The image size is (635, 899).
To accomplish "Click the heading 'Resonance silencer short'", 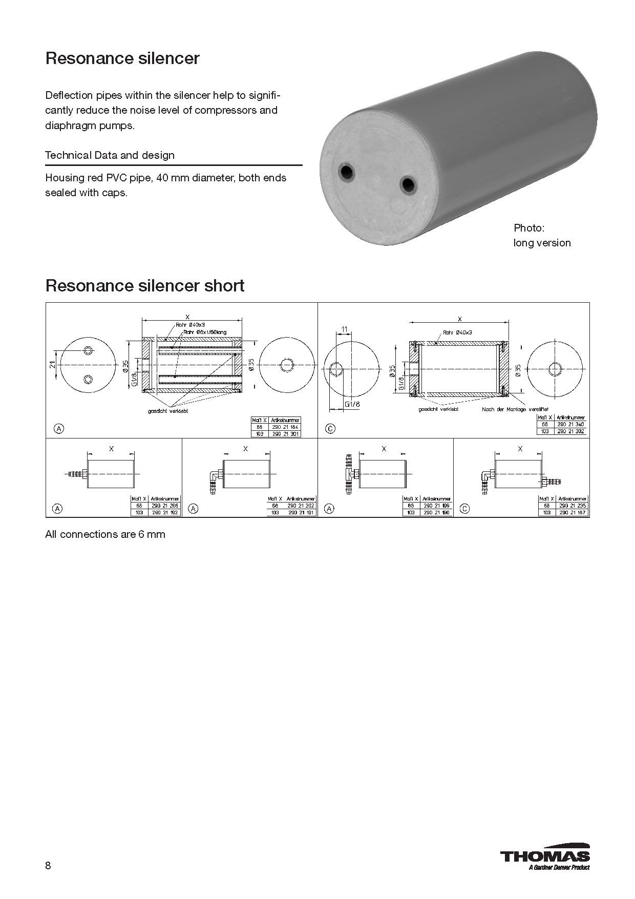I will pos(145,285).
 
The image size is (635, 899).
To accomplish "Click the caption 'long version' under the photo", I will pos(542,243).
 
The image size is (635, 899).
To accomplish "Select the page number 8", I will pos(48,866).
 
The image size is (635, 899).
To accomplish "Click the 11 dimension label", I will pos(344,328).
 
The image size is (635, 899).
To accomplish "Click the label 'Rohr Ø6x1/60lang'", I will pos(204,332).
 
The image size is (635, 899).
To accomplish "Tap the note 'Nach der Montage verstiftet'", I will pos(515,409).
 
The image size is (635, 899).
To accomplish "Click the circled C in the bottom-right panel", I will pos(464,509).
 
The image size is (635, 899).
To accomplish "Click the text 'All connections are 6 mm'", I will pos(105,534).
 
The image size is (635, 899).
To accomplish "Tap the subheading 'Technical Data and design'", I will pos(110,155).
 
